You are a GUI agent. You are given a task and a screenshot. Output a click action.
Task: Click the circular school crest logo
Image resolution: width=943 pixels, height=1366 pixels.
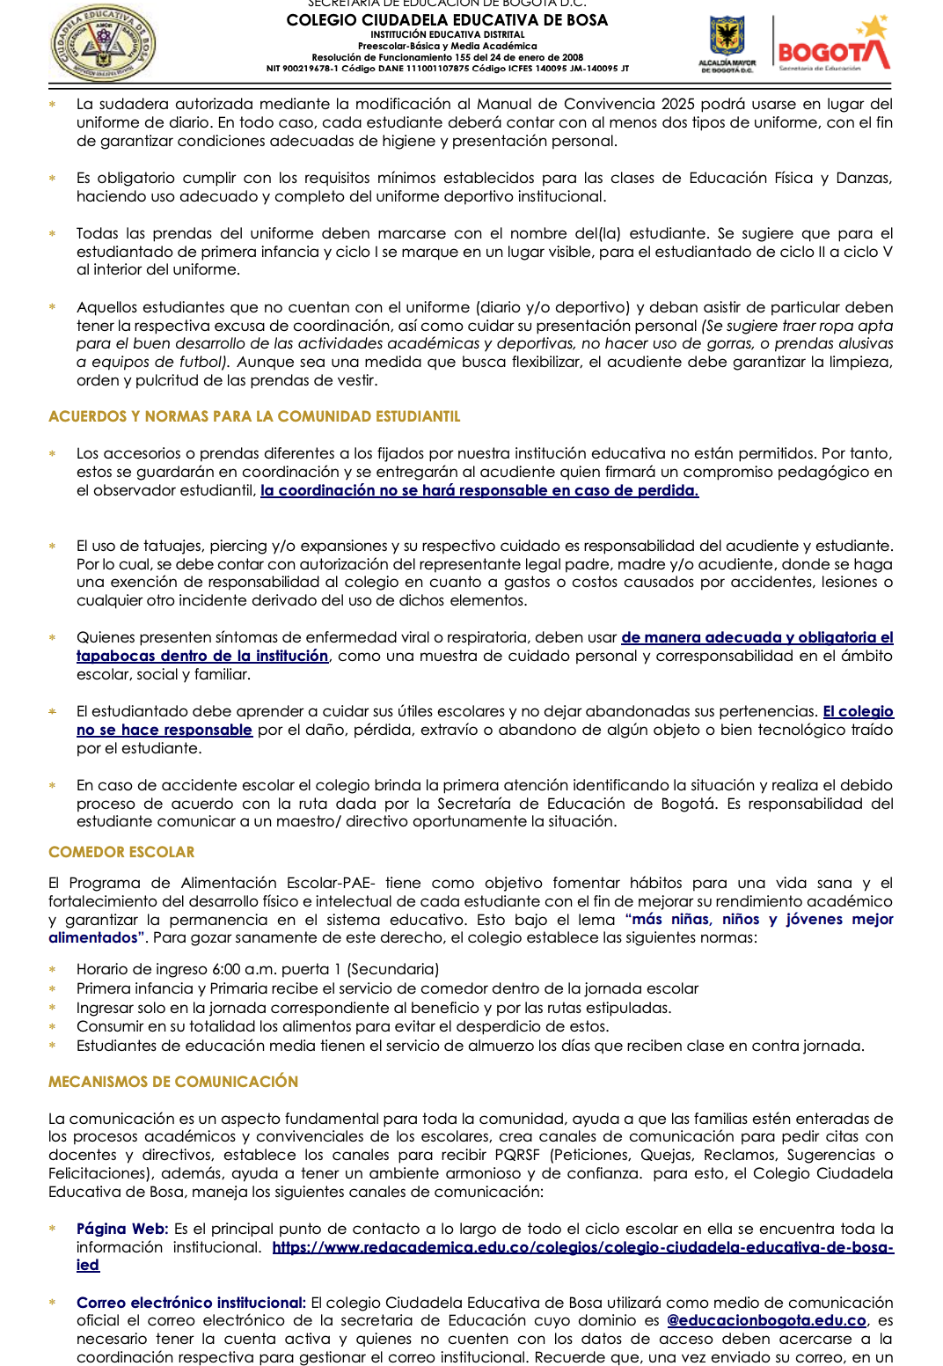(x=104, y=41)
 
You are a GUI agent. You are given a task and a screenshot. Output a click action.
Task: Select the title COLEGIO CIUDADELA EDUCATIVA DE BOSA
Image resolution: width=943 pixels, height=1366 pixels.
(x=447, y=20)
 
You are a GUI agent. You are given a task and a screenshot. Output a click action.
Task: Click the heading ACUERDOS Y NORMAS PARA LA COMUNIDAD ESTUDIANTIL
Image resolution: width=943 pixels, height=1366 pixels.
(x=254, y=416)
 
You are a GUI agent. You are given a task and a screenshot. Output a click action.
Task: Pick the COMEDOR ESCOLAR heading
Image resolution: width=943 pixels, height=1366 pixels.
(x=121, y=852)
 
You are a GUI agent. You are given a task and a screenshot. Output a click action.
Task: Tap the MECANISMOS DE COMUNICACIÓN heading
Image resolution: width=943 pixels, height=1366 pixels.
(x=173, y=1082)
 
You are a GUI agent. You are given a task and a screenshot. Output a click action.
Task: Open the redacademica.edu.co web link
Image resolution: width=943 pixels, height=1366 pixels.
(x=582, y=1247)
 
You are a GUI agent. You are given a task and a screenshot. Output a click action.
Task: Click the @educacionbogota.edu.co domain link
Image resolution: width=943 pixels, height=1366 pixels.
(x=766, y=1320)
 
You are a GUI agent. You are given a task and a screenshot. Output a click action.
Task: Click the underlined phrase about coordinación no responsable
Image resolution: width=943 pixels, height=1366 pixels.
(x=479, y=490)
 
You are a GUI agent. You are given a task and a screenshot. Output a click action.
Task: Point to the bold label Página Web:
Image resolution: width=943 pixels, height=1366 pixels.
(x=122, y=1229)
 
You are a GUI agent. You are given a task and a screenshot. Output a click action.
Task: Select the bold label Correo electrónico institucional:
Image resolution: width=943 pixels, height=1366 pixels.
(x=191, y=1303)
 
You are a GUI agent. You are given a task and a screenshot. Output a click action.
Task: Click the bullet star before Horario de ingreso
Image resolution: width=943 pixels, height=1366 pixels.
(x=53, y=970)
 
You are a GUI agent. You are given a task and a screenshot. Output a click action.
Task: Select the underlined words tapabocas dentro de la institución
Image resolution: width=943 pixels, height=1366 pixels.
(x=202, y=656)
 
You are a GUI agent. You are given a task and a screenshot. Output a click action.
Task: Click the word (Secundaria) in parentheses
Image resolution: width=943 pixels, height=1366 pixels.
(x=393, y=969)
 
